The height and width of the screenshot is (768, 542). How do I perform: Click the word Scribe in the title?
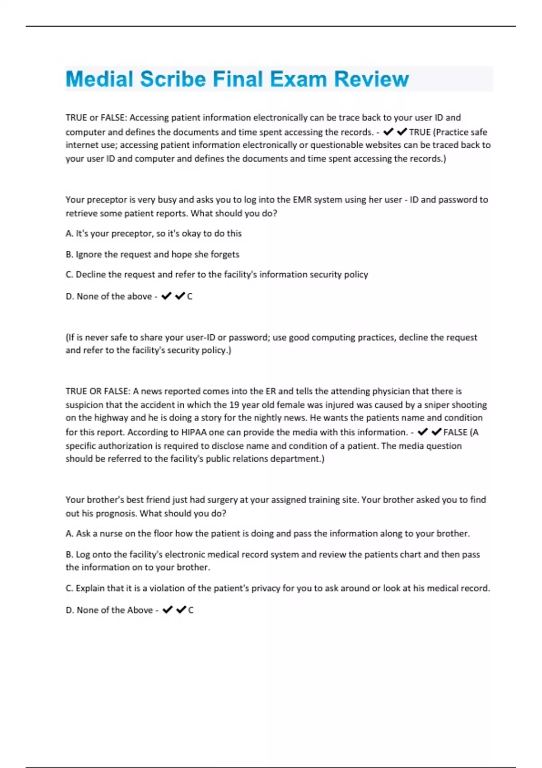point(173,79)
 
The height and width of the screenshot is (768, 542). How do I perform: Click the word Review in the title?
point(371,79)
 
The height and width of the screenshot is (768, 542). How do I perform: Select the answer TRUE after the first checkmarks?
point(420,132)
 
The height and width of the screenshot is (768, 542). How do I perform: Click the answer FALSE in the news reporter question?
point(455,432)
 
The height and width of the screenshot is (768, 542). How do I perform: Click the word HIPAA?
point(194,432)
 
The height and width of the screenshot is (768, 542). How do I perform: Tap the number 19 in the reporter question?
point(234,405)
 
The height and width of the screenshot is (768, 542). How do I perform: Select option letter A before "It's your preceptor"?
point(69,234)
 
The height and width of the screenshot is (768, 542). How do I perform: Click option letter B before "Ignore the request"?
point(69,254)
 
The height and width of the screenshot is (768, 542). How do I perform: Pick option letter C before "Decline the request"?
point(69,275)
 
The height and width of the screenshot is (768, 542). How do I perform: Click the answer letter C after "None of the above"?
point(190,296)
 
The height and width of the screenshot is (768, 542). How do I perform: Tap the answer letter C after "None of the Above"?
point(191,610)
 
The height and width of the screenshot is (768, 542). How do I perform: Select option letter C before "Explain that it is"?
point(69,588)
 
